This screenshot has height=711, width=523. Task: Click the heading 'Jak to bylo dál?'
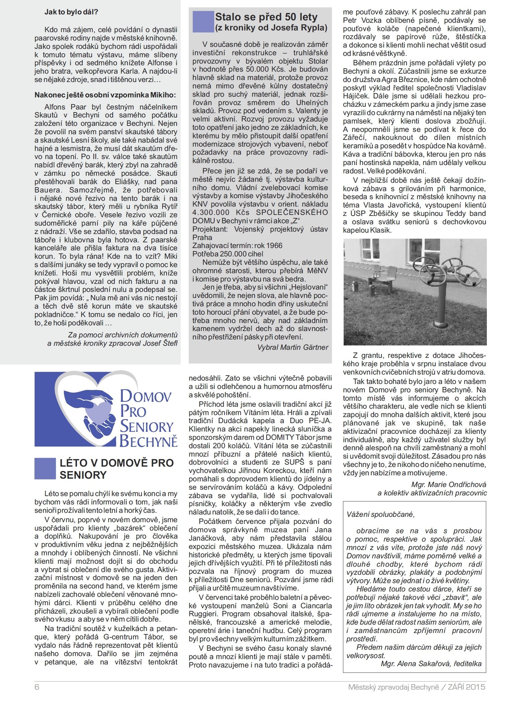tap(71, 12)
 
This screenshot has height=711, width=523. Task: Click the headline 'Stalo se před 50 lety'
tap(266, 17)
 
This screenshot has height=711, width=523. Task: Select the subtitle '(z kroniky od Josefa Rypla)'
tap(271, 28)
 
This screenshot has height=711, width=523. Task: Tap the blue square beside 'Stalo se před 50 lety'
tap(203, 22)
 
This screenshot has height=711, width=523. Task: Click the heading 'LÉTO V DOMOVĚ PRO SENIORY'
tap(116, 469)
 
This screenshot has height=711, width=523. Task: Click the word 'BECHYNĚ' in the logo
tap(148, 441)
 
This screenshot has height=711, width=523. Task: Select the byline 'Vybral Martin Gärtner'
tap(292, 347)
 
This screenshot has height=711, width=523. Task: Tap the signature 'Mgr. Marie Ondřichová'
tap(449, 484)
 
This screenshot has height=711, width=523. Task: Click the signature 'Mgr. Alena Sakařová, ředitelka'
tap(431, 663)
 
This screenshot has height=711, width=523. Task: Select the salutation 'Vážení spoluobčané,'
tap(380, 515)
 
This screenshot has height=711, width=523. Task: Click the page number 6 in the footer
tap(37, 687)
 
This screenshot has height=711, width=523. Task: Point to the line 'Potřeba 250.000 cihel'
tap(228, 254)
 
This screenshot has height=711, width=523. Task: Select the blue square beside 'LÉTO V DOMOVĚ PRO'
tap(45, 468)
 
